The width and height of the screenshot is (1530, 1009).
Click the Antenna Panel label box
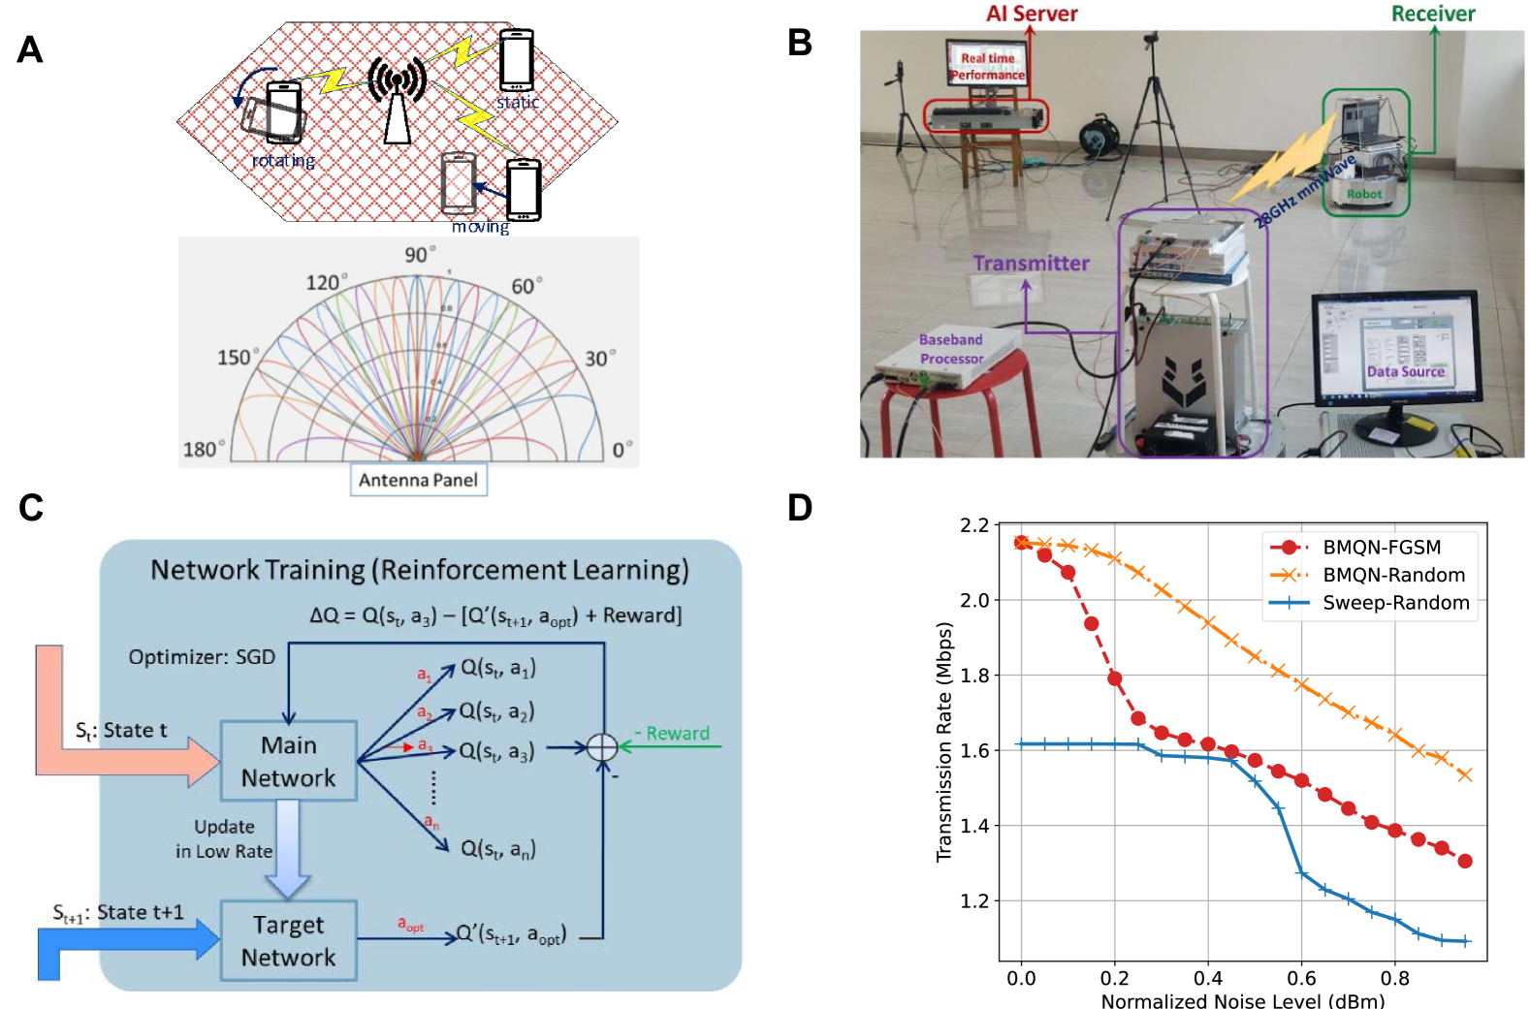tap(418, 480)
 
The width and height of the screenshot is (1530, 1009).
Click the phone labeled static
tap(516, 60)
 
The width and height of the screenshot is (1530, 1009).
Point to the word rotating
tap(283, 161)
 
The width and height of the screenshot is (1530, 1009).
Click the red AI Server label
tap(1032, 14)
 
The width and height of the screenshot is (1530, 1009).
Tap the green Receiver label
tap(1432, 14)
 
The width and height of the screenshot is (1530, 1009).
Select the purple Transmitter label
tap(1031, 263)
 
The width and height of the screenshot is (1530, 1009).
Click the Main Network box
tap(289, 761)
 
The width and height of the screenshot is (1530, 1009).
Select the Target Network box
tap(289, 940)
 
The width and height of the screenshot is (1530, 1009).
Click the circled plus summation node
tap(602, 747)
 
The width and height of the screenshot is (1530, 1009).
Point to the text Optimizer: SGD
tap(202, 657)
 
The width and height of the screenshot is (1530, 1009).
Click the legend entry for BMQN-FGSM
tap(1381, 548)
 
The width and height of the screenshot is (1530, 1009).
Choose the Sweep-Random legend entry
tap(1395, 603)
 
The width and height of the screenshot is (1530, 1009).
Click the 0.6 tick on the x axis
tap(1301, 978)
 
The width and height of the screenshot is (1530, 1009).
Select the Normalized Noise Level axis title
tap(1242, 1000)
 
